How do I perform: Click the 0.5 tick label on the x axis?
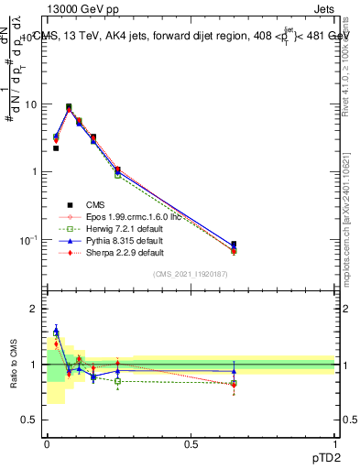pyautogui.click(x=191, y=444)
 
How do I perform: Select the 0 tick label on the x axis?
pyautogui.click(x=47, y=444)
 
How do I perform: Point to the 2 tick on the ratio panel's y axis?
pyautogui.click(x=35, y=309)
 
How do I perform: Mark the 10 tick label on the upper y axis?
pyautogui.click(x=29, y=104)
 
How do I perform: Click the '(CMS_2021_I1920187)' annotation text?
pyautogui.click(x=191, y=274)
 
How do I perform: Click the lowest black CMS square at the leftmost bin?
pyautogui.click(x=56, y=147)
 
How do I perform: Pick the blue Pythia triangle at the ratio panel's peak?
pyautogui.click(x=56, y=331)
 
